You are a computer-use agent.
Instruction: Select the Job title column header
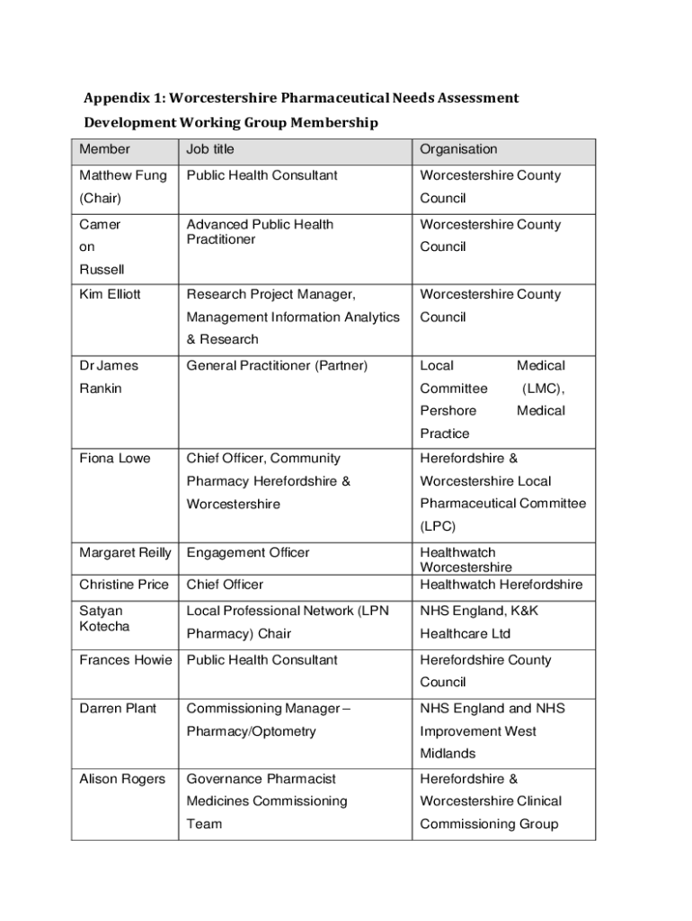point(209,149)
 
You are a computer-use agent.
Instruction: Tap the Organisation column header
point(458,149)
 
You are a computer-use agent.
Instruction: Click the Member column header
point(104,149)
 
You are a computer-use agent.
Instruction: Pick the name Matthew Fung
point(123,175)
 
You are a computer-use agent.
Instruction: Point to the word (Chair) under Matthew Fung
point(100,198)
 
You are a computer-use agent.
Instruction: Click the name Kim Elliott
point(110,294)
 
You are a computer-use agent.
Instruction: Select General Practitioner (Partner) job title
point(277,366)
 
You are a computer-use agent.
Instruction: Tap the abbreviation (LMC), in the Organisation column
point(544,389)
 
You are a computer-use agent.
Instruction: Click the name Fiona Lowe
point(115,459)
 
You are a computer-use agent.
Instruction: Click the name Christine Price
point(124,585)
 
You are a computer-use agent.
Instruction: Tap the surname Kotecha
point(104,626)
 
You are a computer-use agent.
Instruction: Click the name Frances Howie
point(126,660)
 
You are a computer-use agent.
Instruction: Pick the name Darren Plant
point(118,709)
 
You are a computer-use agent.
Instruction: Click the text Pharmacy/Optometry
point(251,731)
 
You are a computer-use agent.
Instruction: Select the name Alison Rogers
point(122,779)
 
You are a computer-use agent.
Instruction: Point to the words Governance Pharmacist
point(261,779)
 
